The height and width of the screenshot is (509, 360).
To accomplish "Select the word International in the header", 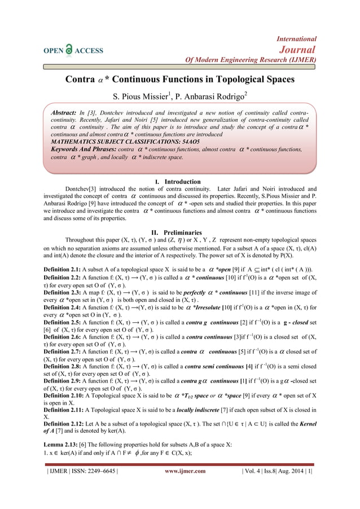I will [296, 39].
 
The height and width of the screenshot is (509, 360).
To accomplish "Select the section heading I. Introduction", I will [179, 182].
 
